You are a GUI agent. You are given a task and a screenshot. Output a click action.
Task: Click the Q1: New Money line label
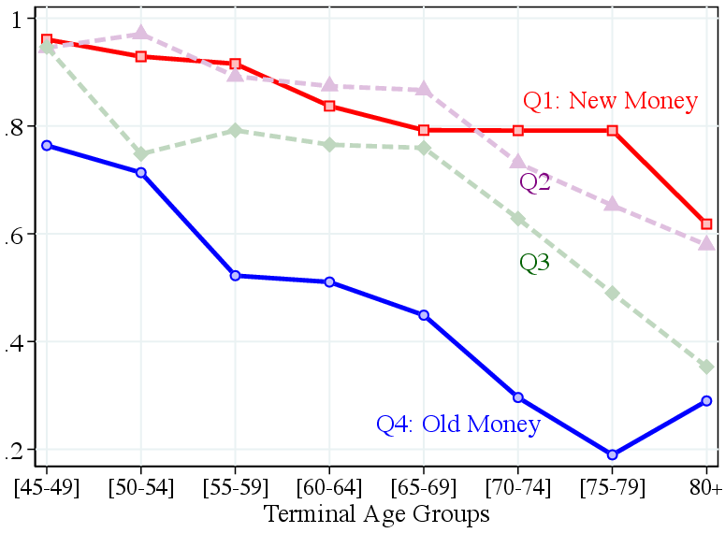click(x=610, y=101)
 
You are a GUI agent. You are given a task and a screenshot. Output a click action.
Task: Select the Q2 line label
click(x=535, y=182)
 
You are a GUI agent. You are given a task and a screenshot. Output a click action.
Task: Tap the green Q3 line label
click(x=534, y=264)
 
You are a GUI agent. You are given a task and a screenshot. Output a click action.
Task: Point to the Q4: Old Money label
click(x=458, y=425)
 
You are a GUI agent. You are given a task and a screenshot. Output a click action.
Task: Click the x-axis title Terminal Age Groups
click(x=377, y=514)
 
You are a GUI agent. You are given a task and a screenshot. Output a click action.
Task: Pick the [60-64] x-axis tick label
click(x=329, y=488)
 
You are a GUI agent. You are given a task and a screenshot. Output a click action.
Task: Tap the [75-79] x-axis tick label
click(x=613, y=488)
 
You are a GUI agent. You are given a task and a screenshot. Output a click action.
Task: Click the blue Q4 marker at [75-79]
click(x=613, y=454)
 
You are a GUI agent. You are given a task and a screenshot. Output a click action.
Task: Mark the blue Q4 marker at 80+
click(x=706, y=401)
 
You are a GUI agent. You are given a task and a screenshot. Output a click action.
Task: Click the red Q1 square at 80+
click(x=706, y=224)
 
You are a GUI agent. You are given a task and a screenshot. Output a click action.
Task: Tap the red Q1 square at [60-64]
click(x=329, y=106)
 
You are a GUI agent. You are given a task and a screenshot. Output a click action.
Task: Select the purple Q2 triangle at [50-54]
click(x=140, y=34)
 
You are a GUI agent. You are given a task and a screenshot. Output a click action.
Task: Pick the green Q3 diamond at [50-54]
click(x=140, y=154)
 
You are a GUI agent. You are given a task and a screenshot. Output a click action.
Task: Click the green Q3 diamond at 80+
click(x=706, y=367)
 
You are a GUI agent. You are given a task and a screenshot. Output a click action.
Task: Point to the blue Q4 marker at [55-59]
click(x=235, y=276)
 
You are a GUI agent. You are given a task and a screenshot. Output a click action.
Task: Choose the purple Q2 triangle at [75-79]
click(x=613, y=204)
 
